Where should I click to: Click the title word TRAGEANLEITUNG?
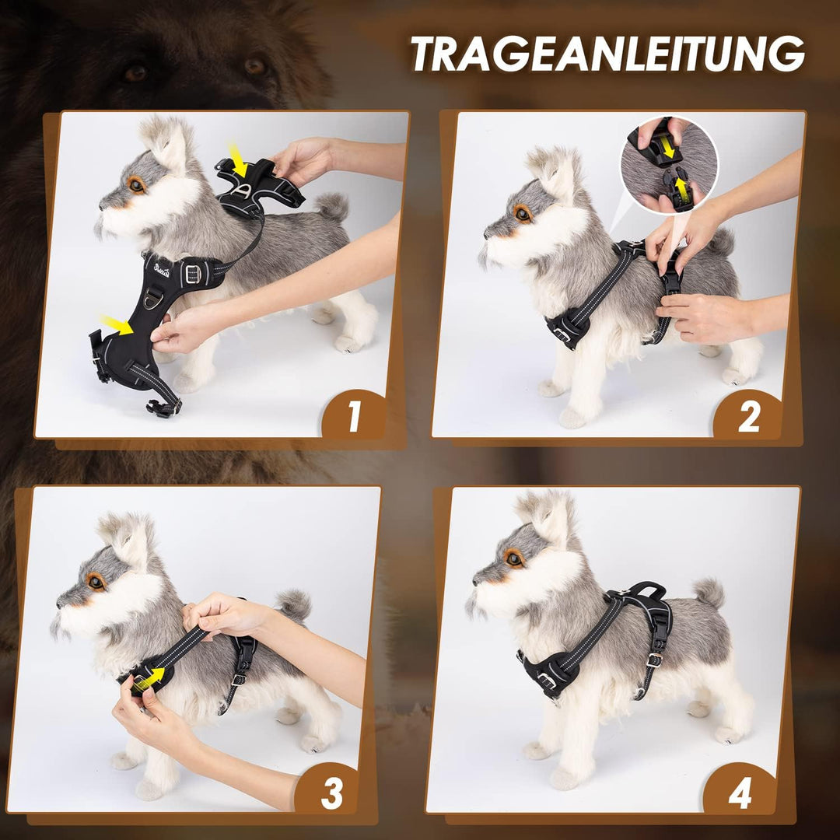(x=607, y=54)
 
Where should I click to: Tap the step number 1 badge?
(x=354, y=417)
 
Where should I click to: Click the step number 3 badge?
(x=332, y=794)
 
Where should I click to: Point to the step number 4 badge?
(x=739, y=794)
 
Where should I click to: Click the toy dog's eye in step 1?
(x=137, y=184)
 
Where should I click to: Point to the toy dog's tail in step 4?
(x=709, y=593)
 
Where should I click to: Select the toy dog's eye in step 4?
(x=513, y=557)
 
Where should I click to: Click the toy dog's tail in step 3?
(x=295, y=604)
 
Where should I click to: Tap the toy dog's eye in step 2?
(x=522, y=213)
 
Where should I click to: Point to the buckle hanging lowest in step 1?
(x=164, y=408)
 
